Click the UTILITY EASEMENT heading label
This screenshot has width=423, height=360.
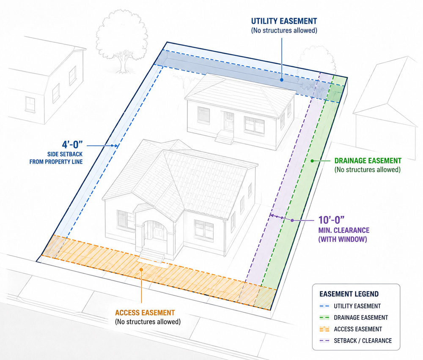[x=284, y=21]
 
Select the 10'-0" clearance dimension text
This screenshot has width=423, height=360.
[x=331, y=220]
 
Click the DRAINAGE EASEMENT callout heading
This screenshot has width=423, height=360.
[x=368, y=161]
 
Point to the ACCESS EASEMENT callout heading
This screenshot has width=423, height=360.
[x=145, y=313]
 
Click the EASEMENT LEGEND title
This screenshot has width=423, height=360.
[x=349, y=294]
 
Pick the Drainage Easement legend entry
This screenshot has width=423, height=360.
[x=353, y=318]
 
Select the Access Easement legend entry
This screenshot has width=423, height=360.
[x=351, y=329]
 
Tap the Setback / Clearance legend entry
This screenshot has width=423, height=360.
[x=356, y=341]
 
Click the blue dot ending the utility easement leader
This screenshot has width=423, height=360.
[x=282, y=80]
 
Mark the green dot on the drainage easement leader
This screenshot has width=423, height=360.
[x=312, y=161]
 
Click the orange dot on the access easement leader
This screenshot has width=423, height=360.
[x=141, y=270]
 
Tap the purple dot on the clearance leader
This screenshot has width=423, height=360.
[x=292, y=220]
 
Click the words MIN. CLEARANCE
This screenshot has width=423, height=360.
[x=344, y=230]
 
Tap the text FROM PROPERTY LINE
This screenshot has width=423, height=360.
[x=56, y=162]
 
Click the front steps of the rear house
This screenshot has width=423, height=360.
[x=225, y=137]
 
